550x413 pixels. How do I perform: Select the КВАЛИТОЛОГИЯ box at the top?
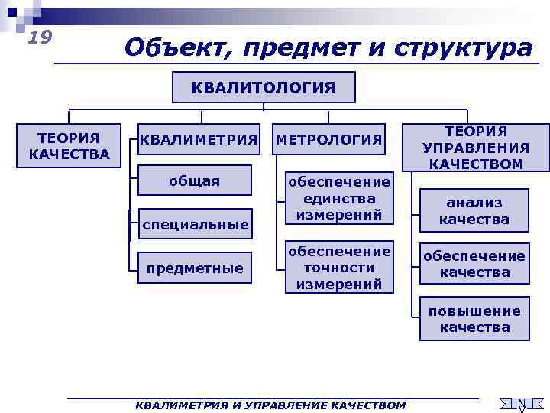click(263, 87)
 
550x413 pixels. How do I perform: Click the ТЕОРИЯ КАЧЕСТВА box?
click(70, 145)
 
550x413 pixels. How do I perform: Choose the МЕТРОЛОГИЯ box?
click(328, 139)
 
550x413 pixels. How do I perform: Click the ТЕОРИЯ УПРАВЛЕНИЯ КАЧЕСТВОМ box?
click(476, 148)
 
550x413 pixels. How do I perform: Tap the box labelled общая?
click(194, 181)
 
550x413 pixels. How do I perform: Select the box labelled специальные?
click(195, 224)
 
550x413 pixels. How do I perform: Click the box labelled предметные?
click(195, 268)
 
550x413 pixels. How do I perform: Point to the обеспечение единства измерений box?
click(338, 198)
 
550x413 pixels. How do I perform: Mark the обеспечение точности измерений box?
click(338, 268)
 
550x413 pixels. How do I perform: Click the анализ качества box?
click(474, 211)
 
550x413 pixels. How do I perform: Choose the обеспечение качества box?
click(474, 264)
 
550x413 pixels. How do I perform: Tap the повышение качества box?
click(474, 319)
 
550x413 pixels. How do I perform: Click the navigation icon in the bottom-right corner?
click(520, 404)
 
